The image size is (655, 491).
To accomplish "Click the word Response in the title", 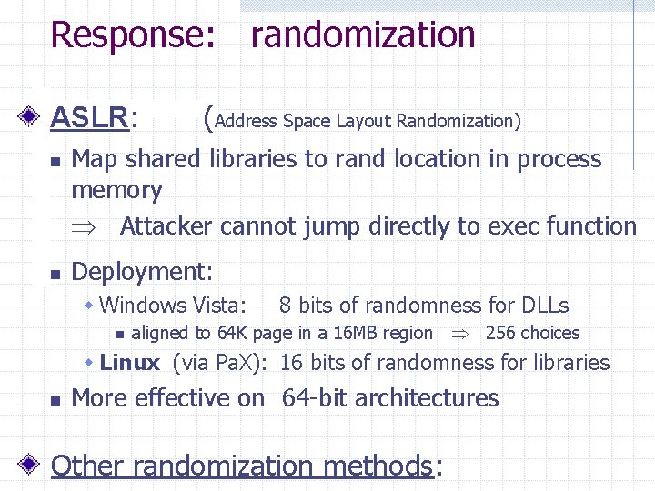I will click(131, 35).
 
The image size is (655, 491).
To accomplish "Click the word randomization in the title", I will click(363, 35).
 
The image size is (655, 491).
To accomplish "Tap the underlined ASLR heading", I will click(89, 117).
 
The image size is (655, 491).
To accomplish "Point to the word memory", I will click(116, 191).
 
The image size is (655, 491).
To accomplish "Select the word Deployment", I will click(140, 271).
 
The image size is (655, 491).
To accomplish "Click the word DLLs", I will click(545, 306).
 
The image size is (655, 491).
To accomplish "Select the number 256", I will click(499, 333).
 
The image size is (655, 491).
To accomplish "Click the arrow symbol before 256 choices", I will click(459, 334).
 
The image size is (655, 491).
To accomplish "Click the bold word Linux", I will click(130, 362).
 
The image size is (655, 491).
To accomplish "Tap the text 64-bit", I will click(315, 398).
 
